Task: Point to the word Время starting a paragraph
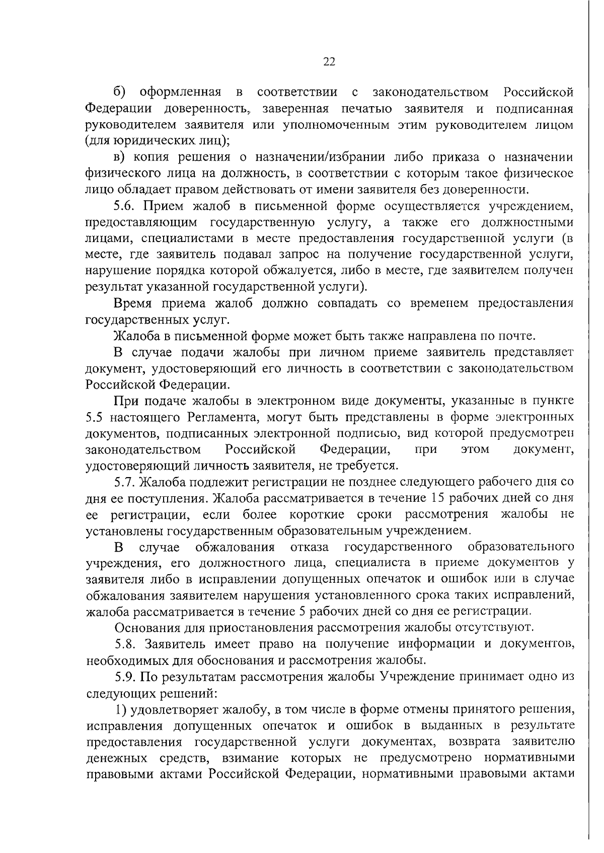132,303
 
